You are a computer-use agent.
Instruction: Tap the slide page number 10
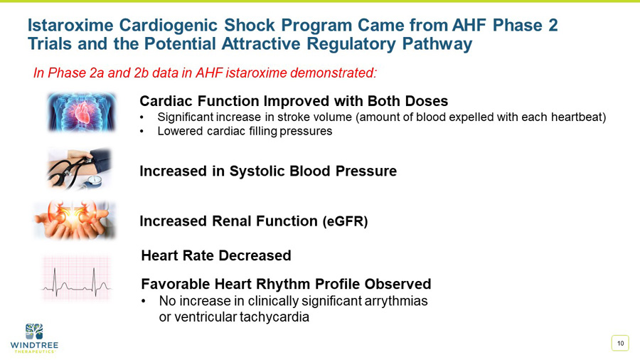[620, 344]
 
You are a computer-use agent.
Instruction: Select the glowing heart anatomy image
[81, 112]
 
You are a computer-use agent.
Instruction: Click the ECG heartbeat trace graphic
[76, 280]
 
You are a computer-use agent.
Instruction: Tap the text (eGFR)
[346, 221]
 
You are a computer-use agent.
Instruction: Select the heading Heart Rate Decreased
[216, 255]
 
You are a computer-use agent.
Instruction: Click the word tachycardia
[274, 317]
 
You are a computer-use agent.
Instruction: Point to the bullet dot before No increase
[145, 302]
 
